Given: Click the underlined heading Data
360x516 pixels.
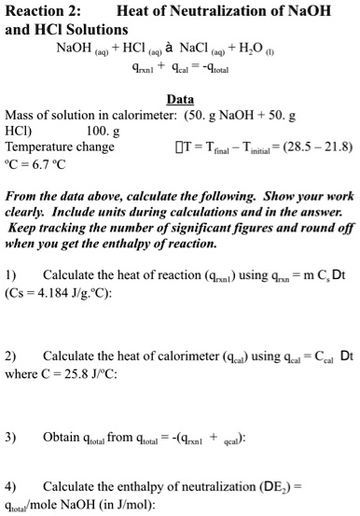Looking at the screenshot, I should [x=180, y=98].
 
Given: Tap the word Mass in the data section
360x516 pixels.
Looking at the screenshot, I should [x=20, y=116].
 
